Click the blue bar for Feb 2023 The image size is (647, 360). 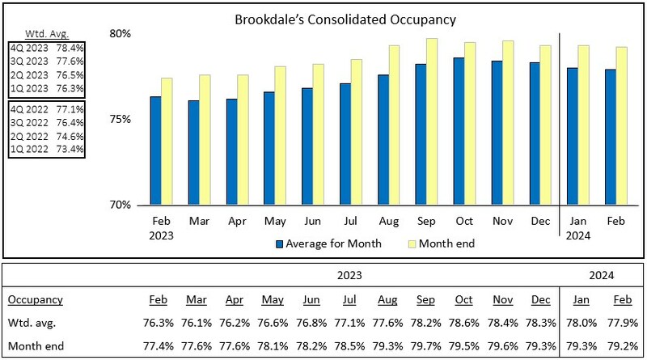click(x=155, y=150)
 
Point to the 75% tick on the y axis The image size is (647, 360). click(x=121, y=119)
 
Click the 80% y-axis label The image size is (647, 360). click(x=121, y=34)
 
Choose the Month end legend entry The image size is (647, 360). click(x=442, y=243)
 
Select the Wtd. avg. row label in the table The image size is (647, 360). click(x=29, y=324)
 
